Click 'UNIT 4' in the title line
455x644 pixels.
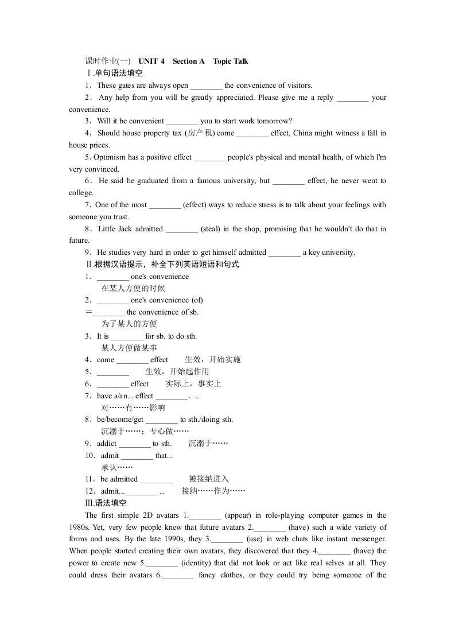[x=151, y=61]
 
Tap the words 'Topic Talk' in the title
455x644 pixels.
[x=231, y=61]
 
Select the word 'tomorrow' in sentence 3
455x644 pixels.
[x=274, y=121]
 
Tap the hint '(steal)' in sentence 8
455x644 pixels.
[x=210, y=229]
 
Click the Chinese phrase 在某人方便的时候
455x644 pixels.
[x=133, y=289]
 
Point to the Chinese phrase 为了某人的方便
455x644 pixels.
[x=129, y=324]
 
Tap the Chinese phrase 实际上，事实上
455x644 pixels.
[x=193, y=384]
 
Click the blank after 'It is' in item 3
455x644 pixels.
[x=127, y=337]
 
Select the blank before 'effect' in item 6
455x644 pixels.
[x=113, y=385]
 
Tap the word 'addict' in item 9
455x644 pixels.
[x=107, y=444]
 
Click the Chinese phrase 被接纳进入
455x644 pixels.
[x=209, y=479]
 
